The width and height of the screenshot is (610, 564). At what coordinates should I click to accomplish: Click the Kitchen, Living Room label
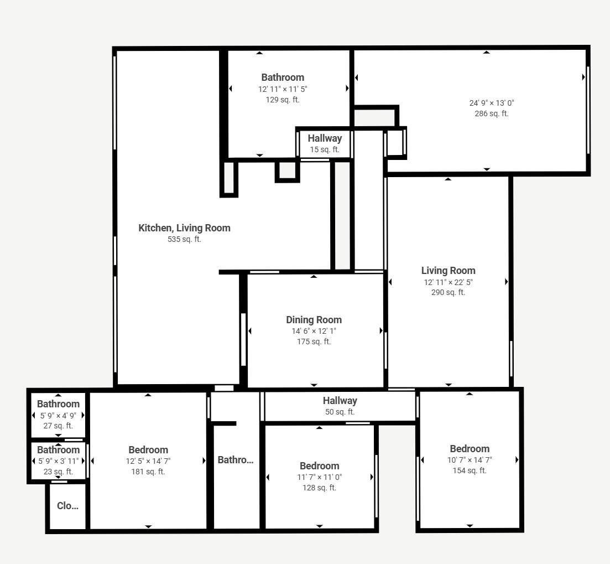184,228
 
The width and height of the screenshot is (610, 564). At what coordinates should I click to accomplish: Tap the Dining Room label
314,320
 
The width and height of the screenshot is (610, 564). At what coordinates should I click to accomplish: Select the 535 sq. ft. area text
184,239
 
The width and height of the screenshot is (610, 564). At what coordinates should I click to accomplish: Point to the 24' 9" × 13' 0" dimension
492,103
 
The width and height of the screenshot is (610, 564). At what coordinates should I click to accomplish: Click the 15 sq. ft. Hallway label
325,138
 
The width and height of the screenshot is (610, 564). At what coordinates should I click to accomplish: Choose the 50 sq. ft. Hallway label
340,401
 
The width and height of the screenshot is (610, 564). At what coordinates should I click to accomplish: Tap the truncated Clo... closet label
67,506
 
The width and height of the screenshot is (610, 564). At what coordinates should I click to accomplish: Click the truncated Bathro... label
236,460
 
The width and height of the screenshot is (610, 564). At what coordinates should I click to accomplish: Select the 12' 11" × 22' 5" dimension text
449,282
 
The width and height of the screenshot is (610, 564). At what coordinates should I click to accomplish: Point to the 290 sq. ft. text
448,292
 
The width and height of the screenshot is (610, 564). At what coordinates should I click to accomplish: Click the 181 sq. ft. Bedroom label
148,450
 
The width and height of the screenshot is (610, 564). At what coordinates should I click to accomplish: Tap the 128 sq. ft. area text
320,488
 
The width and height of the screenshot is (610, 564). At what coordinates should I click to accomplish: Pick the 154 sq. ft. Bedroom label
470,449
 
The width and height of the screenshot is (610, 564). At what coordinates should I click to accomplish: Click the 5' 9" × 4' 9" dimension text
59,415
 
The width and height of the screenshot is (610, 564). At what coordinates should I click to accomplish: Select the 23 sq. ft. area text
59,472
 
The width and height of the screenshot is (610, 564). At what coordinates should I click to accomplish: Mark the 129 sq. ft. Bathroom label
283,77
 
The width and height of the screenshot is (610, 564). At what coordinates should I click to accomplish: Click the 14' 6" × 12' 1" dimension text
314,331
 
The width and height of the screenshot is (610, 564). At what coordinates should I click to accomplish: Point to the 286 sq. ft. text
492,113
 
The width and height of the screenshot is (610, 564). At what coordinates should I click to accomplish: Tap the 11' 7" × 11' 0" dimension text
320,477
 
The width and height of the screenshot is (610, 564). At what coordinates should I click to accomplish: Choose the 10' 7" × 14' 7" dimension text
470,460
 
